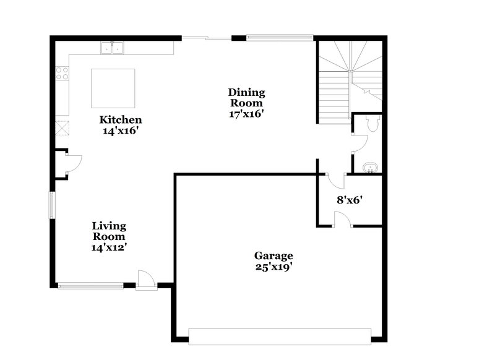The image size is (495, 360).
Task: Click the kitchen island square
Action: click(113, 88)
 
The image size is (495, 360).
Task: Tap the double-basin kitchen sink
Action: click(112, 47)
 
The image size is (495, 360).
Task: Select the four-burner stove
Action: click(62, 74)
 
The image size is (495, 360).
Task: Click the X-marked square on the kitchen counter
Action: click(62, 128)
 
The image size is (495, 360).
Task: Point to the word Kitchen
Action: click(121, 120)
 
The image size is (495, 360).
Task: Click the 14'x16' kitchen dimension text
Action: click(121, 131)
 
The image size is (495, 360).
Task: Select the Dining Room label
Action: click(247, 98)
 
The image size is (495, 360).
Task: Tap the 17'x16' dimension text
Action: click(247, 113)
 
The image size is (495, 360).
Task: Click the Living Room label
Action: click(109, 231)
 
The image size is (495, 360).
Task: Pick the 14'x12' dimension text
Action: click(109, 247)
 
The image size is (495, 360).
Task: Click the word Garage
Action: click(273, 255)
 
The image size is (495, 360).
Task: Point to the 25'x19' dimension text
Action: click(273, 267)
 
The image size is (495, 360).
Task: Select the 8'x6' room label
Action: click(349, 200)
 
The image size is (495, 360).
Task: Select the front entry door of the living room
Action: click(146, 280)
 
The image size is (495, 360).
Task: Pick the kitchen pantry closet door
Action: click(72, 163)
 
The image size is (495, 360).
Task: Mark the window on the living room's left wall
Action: click(53, 205)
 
